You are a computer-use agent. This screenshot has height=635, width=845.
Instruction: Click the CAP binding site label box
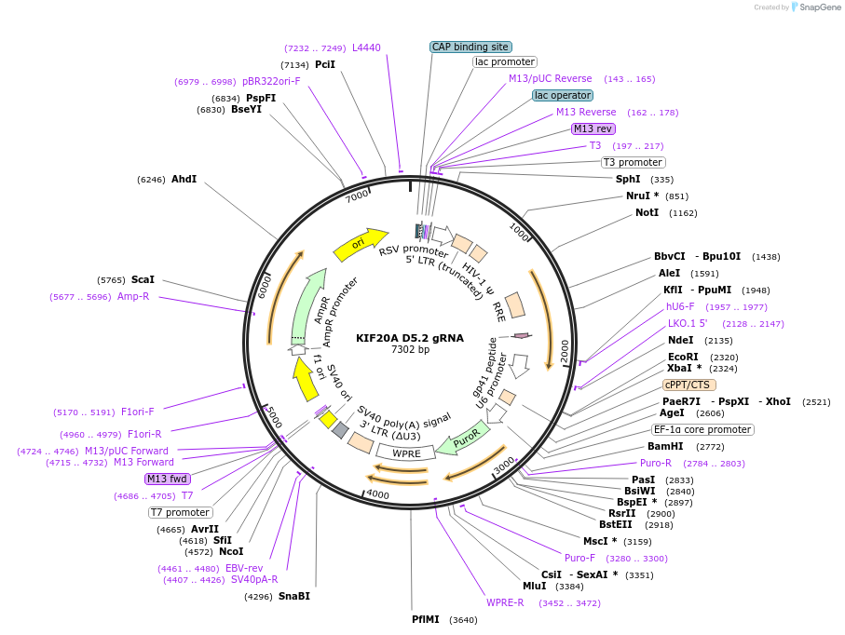(470, 47)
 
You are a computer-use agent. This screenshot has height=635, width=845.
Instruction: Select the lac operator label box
(563, 95)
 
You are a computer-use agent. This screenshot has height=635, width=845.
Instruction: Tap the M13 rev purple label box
(593, 128)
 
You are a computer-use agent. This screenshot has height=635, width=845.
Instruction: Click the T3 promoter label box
(634, 162)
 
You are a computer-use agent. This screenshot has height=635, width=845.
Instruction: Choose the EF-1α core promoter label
(702, 429)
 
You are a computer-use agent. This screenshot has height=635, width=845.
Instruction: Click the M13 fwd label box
(168, 479)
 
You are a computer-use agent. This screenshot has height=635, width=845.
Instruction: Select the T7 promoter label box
(181, 512)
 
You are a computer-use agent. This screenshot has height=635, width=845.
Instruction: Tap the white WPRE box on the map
(406, 453)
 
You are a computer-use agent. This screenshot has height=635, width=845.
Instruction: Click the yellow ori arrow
(361, 244)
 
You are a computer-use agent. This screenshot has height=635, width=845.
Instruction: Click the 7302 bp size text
(410, 350)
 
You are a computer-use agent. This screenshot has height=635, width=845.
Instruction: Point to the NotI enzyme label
(647, 212)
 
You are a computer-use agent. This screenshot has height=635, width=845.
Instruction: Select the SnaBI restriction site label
(294, 596)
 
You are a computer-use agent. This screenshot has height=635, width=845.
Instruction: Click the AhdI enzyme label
(184, 179)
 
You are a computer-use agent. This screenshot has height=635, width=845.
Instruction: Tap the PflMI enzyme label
(426, 619)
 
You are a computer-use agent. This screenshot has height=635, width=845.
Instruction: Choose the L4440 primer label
(366, 47)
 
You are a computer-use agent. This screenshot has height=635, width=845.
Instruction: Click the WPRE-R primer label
(505, 602)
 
